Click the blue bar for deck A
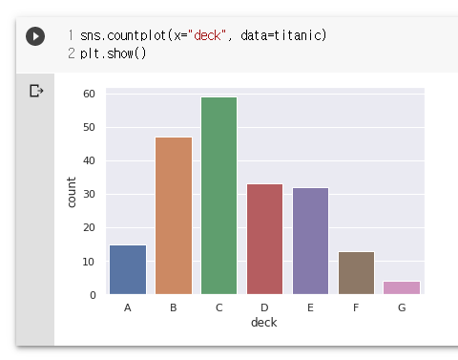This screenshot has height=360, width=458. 128,269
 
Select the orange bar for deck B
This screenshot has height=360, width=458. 174,216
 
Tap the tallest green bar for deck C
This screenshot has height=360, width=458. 219,196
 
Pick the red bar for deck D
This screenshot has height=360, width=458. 265,239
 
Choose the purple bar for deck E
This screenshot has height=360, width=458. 311,241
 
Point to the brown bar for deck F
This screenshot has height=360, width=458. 357,273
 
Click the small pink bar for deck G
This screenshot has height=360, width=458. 402,287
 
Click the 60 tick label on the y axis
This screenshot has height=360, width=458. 89,94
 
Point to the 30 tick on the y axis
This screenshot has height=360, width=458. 89,194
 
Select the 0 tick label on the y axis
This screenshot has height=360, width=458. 93,295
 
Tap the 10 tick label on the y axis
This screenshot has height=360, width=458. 89,262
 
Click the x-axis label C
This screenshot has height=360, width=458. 219,307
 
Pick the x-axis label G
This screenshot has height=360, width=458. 402,307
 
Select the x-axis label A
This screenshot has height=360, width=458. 128,307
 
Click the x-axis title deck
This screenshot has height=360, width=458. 264,323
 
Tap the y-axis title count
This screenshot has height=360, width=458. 72,193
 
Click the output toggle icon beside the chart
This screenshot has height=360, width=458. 36,91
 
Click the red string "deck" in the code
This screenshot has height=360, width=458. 207,35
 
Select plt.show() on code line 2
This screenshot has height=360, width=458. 113,53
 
